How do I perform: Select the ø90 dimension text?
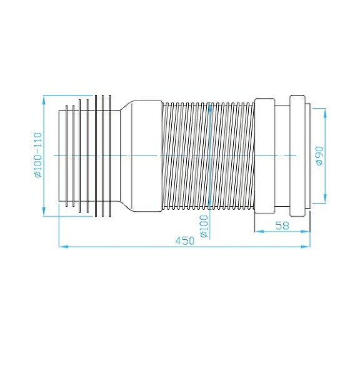pos(319,156)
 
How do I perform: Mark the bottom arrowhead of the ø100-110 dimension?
pos(44,212)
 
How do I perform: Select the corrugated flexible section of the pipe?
pos(209,156)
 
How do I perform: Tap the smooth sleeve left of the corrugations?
pos(146,156)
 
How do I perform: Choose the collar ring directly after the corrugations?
pos(266,156)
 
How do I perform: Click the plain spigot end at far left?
pos(63,156)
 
